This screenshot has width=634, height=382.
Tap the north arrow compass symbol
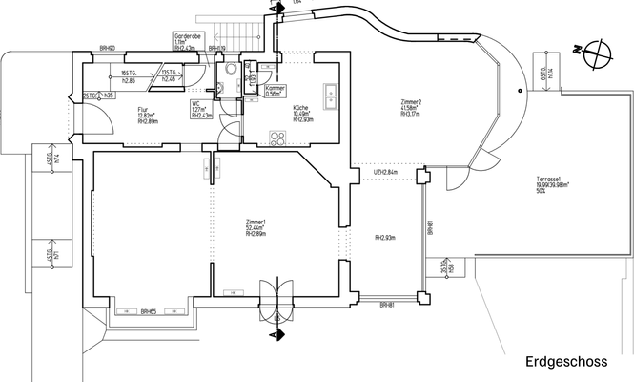(x=599, y=53)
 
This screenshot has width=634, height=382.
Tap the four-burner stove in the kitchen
(x=278, y=138)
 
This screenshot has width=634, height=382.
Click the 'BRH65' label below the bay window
(x=148, y=312)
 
